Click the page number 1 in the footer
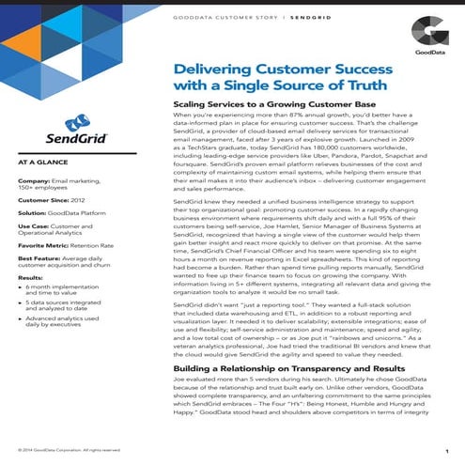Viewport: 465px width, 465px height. (x=444, y=449)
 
